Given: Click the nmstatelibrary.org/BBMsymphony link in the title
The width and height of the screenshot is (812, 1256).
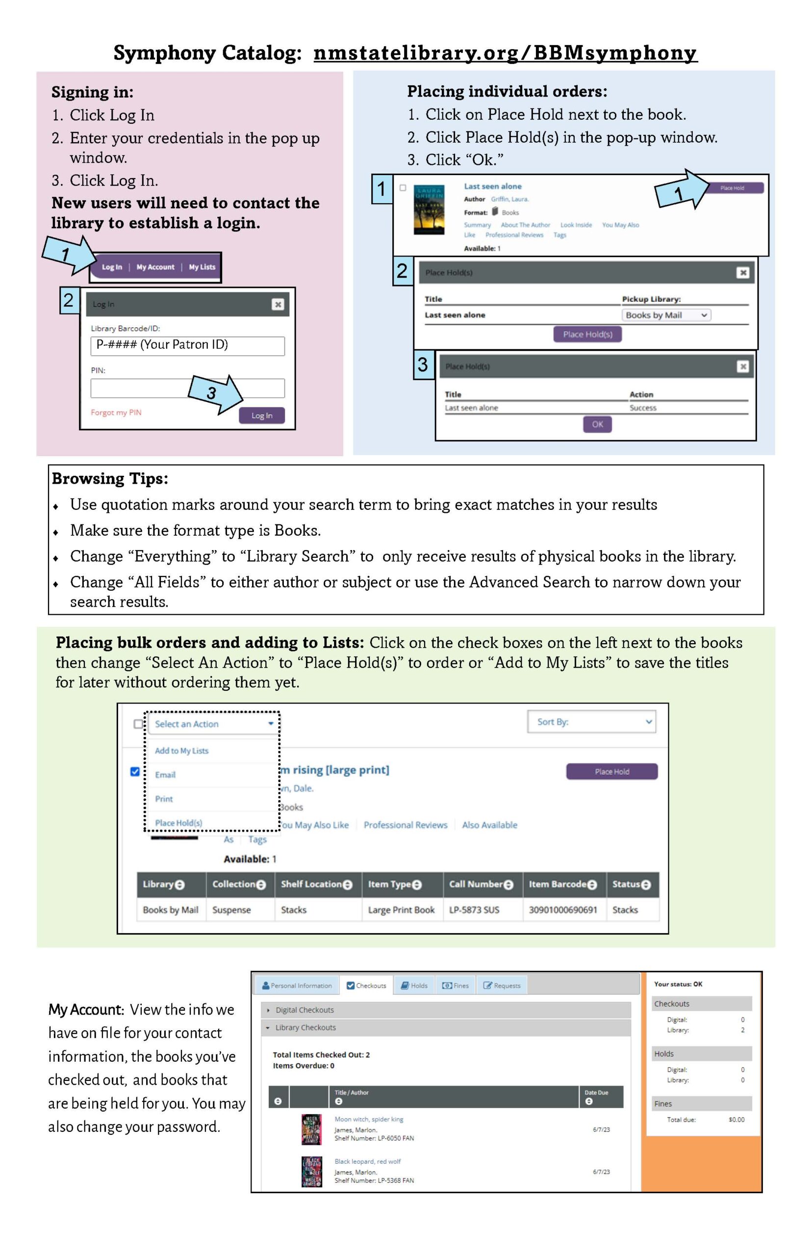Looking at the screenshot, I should [505, 53].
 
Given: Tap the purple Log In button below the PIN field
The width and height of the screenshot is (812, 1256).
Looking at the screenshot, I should [261, 415].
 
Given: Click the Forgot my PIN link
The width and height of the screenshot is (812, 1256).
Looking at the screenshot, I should [116, 412].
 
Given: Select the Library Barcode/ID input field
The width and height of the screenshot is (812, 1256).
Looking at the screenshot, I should [187, 345].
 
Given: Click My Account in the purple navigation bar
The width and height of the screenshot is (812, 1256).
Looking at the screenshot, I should [155, 267].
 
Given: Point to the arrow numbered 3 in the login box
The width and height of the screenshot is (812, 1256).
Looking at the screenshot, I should [215, 393].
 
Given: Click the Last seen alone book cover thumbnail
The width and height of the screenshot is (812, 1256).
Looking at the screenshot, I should [429, 209].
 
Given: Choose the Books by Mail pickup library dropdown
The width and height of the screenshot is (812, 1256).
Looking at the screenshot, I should [666, 315].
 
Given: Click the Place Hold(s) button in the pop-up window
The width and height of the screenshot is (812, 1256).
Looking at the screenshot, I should [587, 334].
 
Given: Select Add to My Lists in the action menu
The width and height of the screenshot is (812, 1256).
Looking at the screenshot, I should [181, 751].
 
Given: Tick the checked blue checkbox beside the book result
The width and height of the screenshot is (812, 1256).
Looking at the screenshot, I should [135, 771].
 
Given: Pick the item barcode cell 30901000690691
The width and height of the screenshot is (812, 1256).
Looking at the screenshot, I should [562, 910].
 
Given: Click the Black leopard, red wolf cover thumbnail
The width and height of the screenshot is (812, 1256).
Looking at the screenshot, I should [311, 1172].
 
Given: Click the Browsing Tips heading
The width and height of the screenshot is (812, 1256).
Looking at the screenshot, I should [110, 478].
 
